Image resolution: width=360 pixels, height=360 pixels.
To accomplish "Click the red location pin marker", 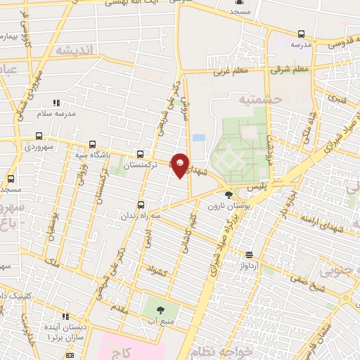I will [180, 165].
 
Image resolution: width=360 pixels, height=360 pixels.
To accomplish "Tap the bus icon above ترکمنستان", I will [141, 154].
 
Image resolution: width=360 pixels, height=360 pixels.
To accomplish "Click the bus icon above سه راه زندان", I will [141, 205].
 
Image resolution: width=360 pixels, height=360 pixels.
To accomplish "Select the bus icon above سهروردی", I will [39, 136].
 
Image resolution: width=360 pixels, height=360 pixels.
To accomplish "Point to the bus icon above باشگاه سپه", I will [92, 145].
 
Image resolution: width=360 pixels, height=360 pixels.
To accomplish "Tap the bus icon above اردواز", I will [249, 255].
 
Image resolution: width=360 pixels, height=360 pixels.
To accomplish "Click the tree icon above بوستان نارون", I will [228, 195].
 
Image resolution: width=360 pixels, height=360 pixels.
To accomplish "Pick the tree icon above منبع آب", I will [160, 309].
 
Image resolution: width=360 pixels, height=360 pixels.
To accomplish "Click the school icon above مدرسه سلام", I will [56, 103].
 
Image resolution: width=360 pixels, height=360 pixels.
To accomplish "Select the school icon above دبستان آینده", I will [66, 317].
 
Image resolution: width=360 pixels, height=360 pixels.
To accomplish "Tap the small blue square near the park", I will [199, 138].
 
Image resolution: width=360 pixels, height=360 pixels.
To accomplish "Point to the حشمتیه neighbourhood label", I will [262, 100].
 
